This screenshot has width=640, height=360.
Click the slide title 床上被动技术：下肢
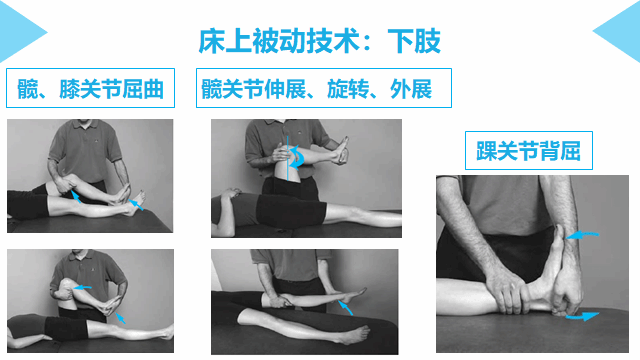coord(320,41)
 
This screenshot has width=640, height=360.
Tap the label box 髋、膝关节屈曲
coord(90,88)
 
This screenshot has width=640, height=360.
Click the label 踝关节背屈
coord(529,151)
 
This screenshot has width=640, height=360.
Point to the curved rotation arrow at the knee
coord(298,157)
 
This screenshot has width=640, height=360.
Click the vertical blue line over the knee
coord(287,158)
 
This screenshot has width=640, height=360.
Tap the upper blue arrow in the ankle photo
coord(582,235)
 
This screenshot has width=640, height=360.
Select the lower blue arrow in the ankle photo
coord(582,316)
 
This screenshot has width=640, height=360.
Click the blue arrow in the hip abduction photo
coord(346,308)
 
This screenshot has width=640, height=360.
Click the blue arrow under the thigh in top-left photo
coord(76,196)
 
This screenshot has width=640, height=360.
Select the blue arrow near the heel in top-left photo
coord(136,205)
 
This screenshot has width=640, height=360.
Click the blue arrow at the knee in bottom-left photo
coord(82,288)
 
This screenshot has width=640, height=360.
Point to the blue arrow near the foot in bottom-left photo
coord(120,318)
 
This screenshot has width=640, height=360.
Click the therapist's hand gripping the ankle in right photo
coord(505,290)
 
